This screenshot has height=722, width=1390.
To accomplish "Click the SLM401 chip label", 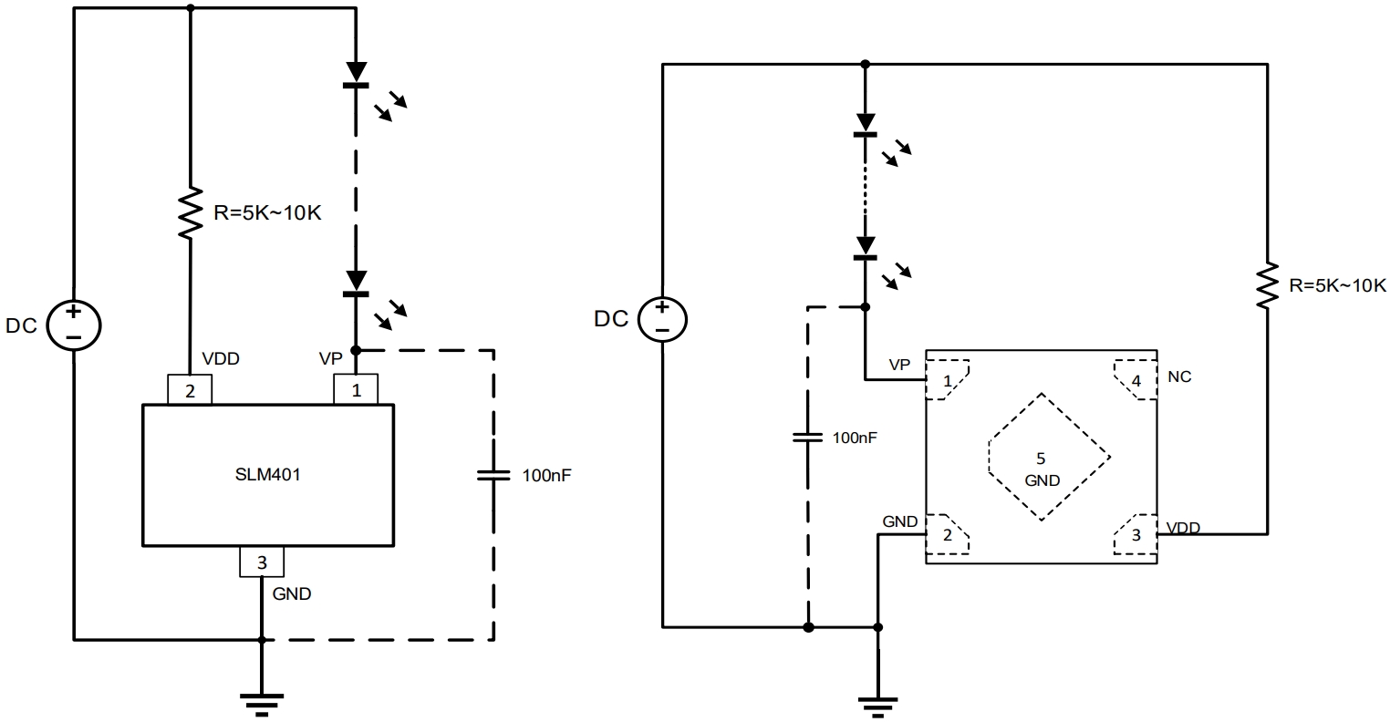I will coord(268,474).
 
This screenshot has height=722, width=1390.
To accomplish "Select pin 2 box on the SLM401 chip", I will coord(190,390).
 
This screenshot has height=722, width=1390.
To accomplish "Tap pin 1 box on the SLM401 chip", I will coord(357,390).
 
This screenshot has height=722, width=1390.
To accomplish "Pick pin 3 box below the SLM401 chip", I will coord(262,562).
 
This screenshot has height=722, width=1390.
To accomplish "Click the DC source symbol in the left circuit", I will coord(74,325).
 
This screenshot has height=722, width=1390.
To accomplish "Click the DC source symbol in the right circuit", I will coord(662,319).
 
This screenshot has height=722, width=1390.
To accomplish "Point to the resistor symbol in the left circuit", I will coord(190,213).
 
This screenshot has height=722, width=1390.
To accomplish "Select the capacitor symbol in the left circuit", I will coord(493,474).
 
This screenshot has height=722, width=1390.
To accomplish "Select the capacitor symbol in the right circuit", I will coord(807,437).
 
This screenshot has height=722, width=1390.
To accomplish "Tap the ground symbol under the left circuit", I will coord(262,700).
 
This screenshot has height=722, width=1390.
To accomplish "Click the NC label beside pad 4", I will coord(1179,376).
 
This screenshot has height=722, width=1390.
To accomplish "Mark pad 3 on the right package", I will coord(1135,536).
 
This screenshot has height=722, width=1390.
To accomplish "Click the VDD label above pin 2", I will coord(221,359).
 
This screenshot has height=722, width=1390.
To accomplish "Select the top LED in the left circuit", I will coord(357,77).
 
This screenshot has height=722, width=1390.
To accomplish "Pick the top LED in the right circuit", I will coord(865,127).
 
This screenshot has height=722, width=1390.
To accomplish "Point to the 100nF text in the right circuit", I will coord(856,438).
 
